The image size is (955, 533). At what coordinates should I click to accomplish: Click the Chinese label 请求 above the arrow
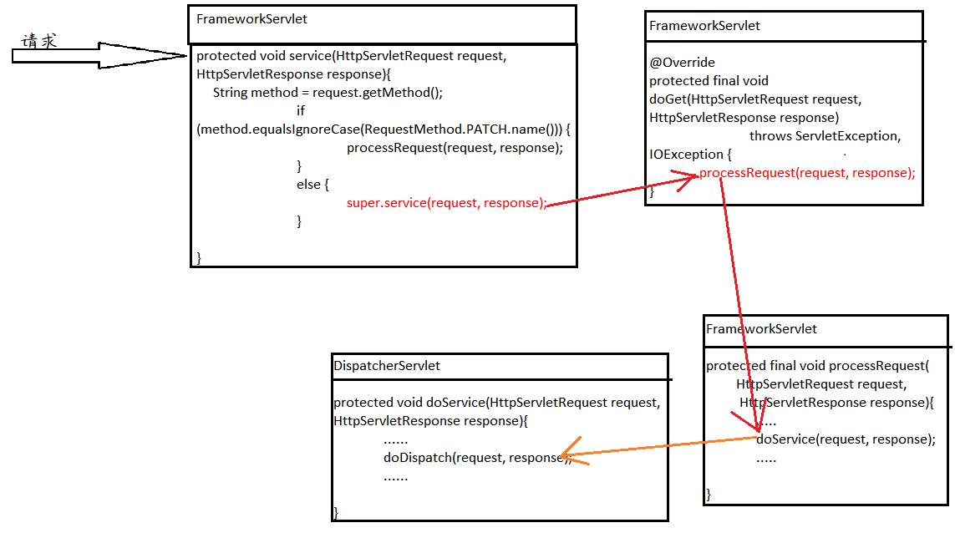(x=39, y=41)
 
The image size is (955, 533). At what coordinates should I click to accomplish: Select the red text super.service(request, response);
(x=446, y=203)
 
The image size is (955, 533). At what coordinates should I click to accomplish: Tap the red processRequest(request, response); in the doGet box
(x=807, y=173)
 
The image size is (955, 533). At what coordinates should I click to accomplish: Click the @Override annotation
(x=682, y=63)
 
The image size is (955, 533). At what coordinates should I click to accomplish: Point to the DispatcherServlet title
(x=387, y=366)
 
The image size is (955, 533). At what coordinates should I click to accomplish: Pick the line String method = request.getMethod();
(x=328, y=93)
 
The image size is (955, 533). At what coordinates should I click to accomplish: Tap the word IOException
(x=686, y=155)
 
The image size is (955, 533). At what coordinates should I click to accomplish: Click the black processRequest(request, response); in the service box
(x=455, y=148)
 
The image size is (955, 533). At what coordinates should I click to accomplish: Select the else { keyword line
(x=313, y=185)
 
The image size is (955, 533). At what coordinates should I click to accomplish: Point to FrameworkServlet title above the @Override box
(x=704, y=26)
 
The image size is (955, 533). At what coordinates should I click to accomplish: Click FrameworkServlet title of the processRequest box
(x=761, y=329)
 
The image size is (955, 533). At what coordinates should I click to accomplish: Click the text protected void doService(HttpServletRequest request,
(x=497, y=403)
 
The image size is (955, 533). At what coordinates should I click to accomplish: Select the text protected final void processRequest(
(x=817, y=366)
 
